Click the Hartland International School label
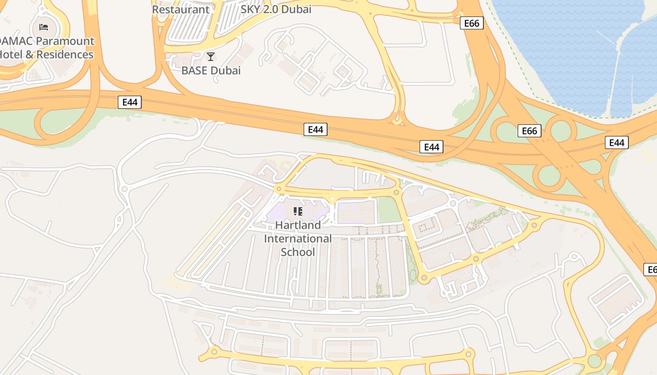click(298, 239)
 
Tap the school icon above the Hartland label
click(298, 211)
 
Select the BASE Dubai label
click(211, 71)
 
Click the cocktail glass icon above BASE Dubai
click(211, 57)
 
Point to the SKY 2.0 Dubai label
click(276, 9)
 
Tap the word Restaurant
click(181, 9)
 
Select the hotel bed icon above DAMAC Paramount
click(44, 27)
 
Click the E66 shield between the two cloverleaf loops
click(529, 131)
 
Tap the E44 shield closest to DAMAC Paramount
click(130, 102)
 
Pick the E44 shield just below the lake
click(617, 142)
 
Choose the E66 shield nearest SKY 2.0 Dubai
click(471, 23)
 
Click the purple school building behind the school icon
click(282, 213)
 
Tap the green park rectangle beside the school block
click(389, 210)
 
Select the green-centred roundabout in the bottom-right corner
click(595, 361)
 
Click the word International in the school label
click(298, 239)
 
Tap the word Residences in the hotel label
click(65, 54)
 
